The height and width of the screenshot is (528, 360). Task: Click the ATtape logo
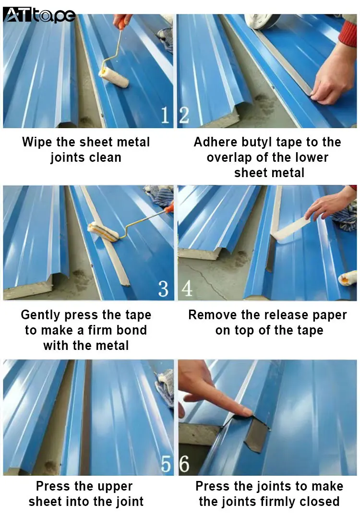point(39,15)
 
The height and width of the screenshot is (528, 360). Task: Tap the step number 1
point(165,115)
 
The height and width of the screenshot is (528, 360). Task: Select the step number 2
point(184,115)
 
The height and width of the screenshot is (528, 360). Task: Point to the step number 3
point(163,288)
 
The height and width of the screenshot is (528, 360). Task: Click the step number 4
point(187,288)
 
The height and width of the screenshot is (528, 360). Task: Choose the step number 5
point(166,464)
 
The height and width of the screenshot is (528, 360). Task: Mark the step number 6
point(184,464)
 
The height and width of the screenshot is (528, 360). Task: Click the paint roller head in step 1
point(113,77)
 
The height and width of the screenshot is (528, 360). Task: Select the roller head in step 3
point(103,232)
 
